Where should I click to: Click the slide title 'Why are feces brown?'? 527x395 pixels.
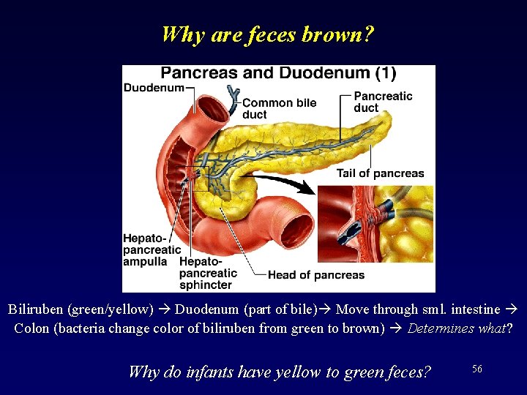tap(267, 34)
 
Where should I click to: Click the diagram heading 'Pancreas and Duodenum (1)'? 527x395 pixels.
tap(278, 73)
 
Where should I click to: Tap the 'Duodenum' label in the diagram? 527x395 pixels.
tap(154, 89)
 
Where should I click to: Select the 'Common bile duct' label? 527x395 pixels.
tap(279, 108)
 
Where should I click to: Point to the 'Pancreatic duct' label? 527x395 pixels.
tap(383, 102)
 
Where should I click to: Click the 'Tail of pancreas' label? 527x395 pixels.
tap(380, 173)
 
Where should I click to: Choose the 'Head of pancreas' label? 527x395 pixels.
tap(315, 275)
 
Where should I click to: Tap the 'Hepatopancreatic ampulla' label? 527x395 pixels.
tap(152, 250)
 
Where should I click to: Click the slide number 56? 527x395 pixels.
tap(477, 369)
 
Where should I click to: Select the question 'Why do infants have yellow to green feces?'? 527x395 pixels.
tap(280, 372)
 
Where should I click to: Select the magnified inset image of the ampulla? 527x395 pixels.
tap(375, 224)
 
